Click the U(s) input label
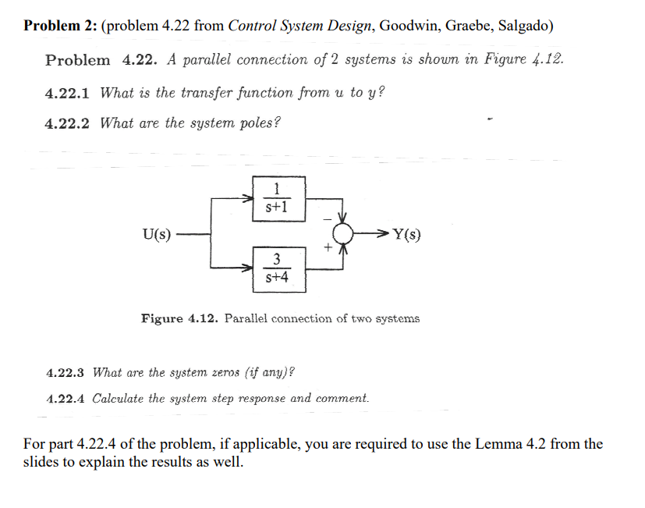156,233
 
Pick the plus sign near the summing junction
329,248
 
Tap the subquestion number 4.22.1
67,93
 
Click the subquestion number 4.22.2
67,123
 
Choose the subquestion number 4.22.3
67,372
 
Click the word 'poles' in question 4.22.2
253,123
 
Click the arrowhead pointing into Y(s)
382,233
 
